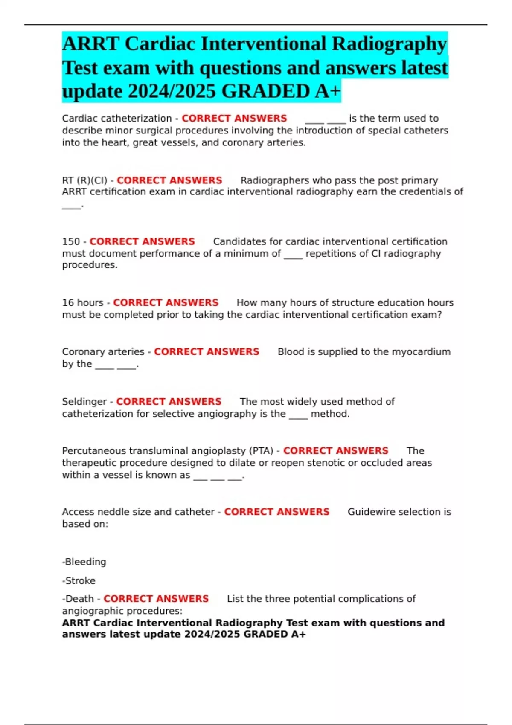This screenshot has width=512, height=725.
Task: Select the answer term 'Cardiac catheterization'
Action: pyautogui.click(x=116, y=119)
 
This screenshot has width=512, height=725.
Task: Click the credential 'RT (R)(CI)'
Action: pyautogui.click(x=84, y=180)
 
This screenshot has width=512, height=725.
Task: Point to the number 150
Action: pyautogui.click(x=71, y=241)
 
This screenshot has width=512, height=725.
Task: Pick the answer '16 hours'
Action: pyautogui.click(x=83, y=303)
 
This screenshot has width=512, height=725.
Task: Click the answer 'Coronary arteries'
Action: pyautogui.click(x=103, y=352)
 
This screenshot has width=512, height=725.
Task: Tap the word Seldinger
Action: pyautogui.click(x=84, y=402)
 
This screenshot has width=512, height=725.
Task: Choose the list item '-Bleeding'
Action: pyautogui.click(x=84, y=562)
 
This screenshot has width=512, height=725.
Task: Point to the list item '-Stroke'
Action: pyautogui.click(x=79, y=580)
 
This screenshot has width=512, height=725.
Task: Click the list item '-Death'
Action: pyautogui.click(x=78, y=599)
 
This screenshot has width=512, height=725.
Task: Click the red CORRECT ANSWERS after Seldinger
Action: pyautogui.click(x=169, y=402)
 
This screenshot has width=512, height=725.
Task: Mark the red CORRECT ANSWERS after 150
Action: pyautogui.click(x=142, y=241)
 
